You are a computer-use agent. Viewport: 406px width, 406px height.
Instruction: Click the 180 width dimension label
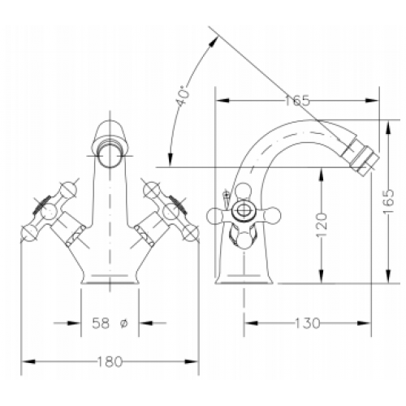coord(110,362)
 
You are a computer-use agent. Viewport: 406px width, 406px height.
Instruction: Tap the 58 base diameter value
coord(101,323)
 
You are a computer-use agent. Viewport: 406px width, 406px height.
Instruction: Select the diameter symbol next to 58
coord(123,323)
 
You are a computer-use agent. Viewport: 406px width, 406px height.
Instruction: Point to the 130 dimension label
coord(307,323)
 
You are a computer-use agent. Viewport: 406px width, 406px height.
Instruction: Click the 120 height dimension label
coord(322,225)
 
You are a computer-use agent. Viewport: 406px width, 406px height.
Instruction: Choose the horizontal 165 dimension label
coord(297,101)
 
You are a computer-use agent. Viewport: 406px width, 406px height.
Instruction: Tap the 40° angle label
coord(183,95)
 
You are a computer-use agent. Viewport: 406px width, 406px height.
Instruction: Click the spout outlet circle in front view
coord(110,157)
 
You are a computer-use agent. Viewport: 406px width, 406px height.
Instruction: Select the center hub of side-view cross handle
coord(244,209)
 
